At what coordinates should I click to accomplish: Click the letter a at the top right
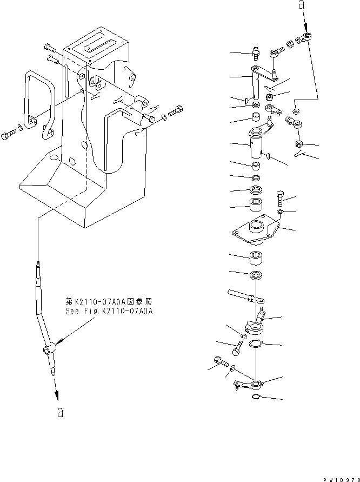click(x=302, y=6)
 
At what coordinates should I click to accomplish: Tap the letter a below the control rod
click(x=61, y=413)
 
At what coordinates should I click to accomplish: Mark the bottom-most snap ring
click(x=257, y=398)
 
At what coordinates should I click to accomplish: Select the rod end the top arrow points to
click(x=308, y=37)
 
